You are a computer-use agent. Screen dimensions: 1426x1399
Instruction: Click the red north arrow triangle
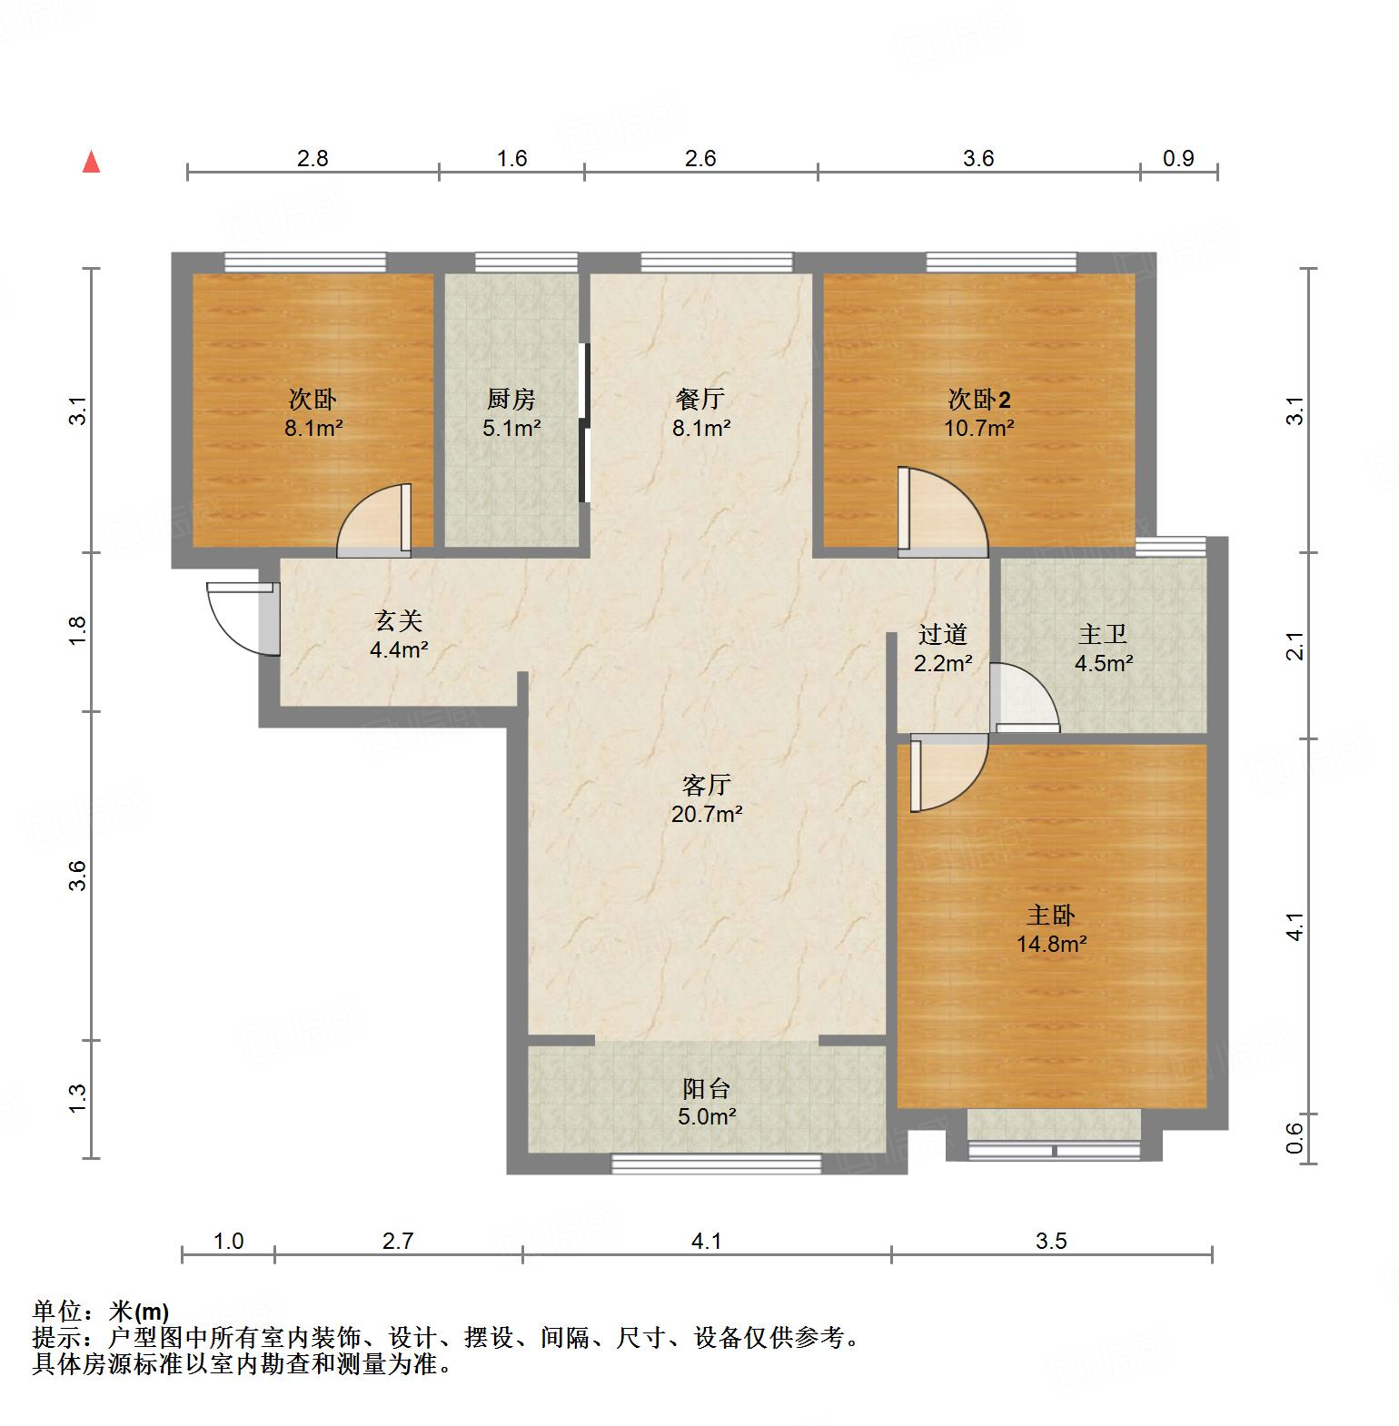click(91, 163)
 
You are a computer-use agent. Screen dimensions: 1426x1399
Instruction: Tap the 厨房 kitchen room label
click(511, 399)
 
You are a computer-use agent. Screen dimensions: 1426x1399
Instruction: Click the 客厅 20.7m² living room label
click(707, 799)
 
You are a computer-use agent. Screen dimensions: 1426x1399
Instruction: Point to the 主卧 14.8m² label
click(1051, 929)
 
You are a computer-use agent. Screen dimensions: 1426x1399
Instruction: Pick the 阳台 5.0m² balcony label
click(707, 1102)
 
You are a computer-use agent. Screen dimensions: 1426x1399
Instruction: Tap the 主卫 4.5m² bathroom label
click(1103, 649)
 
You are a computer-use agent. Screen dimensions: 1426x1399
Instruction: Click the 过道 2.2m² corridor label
click(942, 649)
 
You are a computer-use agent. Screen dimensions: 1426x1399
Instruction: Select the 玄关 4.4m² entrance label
click(399, 635)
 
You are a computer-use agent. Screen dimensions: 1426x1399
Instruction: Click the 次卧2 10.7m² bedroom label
click(979, 413)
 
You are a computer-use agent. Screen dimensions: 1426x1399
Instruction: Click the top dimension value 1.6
click(512, 158)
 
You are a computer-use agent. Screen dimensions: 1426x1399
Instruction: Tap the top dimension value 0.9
click(1178, 158)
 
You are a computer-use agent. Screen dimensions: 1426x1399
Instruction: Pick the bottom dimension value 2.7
click(398, 1240)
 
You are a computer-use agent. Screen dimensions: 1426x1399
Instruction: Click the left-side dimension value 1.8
click(78, 630)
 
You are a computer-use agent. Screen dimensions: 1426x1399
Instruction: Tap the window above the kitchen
click(527, 262)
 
